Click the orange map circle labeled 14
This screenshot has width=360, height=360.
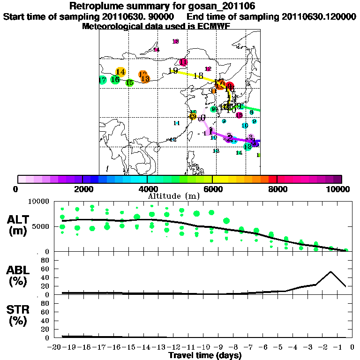pyautogui.click(x=120, y=72)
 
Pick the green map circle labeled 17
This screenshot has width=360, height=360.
pyautogui.click(x=102, y=80)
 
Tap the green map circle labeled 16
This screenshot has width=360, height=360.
pyautogui.click(x=115, y=80)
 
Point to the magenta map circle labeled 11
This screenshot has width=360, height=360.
pyautogui.click(x=183, y=62)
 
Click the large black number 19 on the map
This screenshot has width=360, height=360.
pyautogui.click(x=173, y=71)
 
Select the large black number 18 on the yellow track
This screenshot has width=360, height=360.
pyautogui.click(x=198, y=76)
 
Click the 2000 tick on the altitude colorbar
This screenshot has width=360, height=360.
pyautogui.click(x=82, y=189)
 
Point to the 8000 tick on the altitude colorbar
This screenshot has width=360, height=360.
pyautogui.click(x=277, y=189)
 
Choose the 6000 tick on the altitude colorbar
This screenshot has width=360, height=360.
pyautogui.click(x=212, y=189)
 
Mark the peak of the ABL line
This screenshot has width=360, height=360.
pyautogui.click(x=331, y=271)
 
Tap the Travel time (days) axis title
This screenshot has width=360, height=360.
pyautogui.click(x=205, y=356)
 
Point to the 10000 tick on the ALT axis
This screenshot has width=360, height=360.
pyautogui.click(x=39, y=202)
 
